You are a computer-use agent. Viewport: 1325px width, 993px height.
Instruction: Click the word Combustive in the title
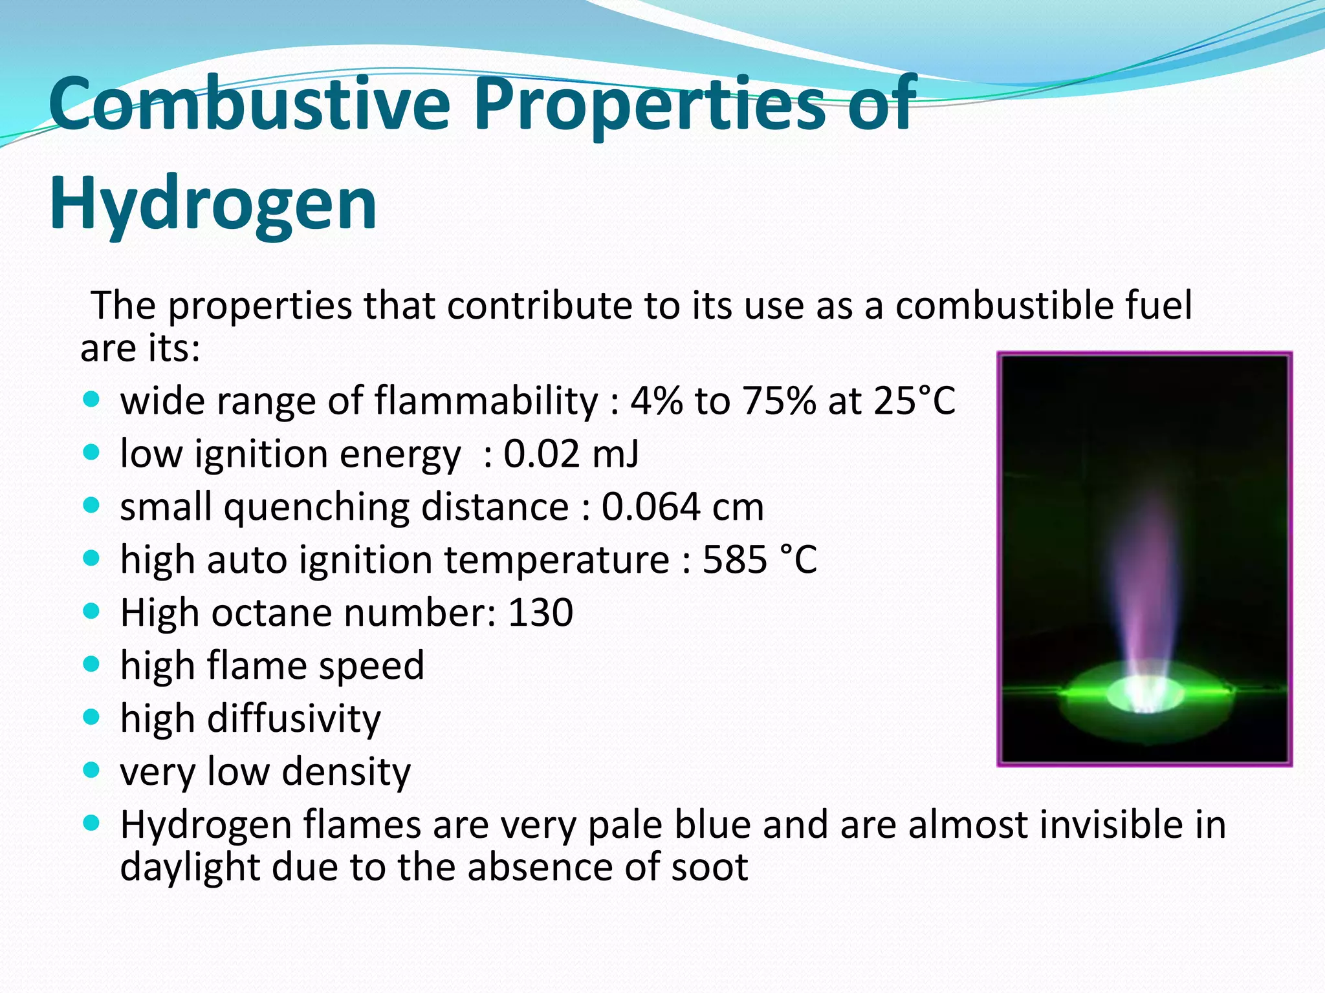point(249,103)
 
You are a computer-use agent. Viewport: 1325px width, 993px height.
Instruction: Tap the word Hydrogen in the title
point(213,204)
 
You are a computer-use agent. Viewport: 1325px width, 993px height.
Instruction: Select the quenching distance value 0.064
point(650,507)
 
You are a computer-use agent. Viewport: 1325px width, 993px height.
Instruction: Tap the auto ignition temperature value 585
point(734,560)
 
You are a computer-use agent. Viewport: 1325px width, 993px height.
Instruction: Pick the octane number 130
point(541,613)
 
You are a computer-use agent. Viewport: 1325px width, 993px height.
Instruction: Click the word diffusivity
point(294,719)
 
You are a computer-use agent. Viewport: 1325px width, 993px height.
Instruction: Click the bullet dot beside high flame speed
point(92,664)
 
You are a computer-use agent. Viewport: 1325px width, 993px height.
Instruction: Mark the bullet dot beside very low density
point(92,770)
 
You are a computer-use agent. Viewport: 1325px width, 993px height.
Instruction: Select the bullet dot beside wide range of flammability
point(92,399)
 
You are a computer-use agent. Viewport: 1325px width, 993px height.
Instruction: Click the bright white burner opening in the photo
point(1145,695)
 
